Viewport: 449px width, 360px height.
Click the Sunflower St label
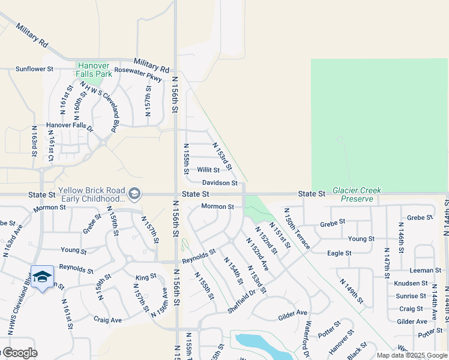(35, 69)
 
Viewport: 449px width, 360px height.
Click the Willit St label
(208, 170)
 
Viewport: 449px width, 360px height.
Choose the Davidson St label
(220, 182)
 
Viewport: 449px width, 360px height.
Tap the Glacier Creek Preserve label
(361, 194)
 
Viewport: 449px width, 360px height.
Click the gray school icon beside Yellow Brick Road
(135, 194)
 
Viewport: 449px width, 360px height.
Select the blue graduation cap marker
(42, 277)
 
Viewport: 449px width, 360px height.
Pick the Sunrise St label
(411, 296)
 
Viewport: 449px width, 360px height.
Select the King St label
(146, 277)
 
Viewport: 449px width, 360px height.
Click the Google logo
(19, 353)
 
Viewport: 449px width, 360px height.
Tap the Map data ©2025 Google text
(412, 355)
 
